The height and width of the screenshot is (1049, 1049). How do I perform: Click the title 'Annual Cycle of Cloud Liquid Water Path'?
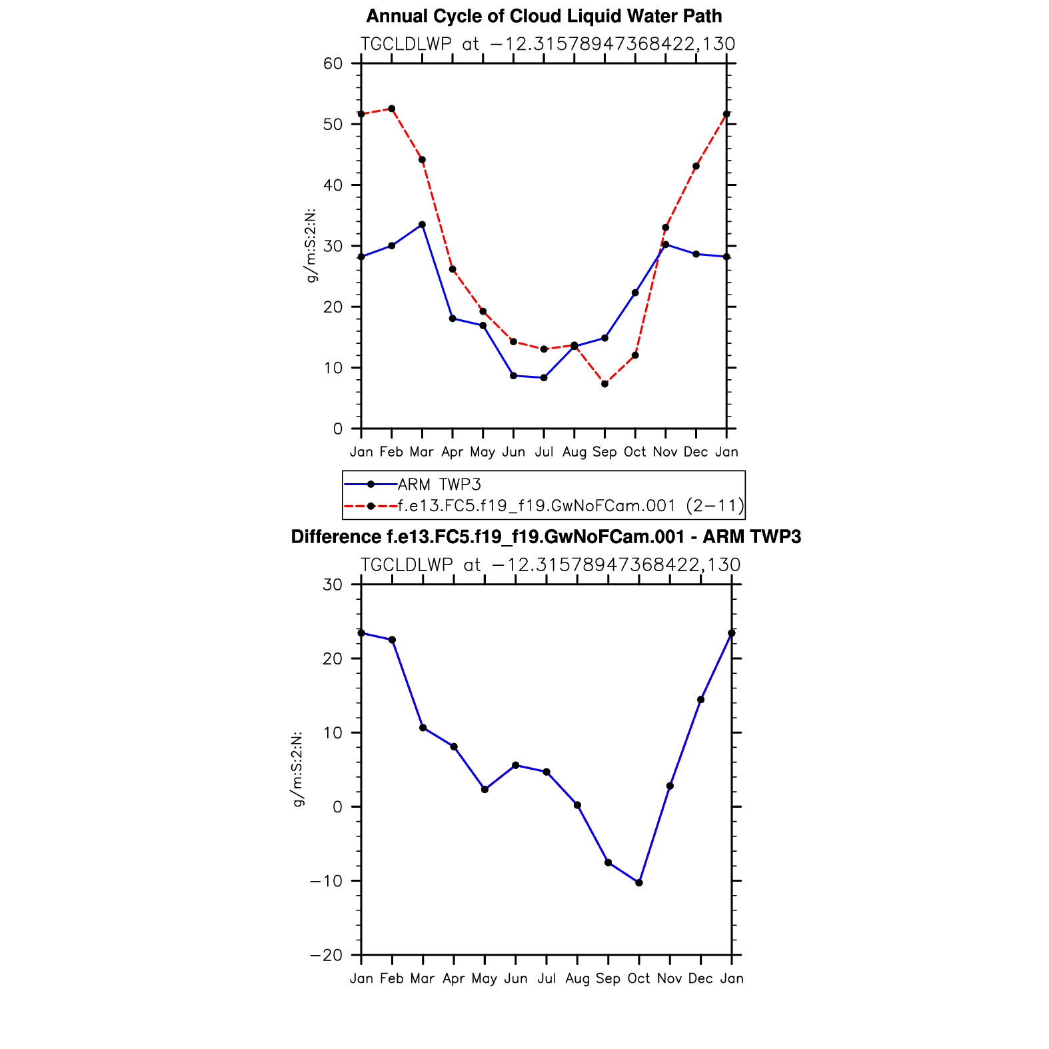pos(544,16)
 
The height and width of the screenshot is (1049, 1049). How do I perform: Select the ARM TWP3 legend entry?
pos(439,485)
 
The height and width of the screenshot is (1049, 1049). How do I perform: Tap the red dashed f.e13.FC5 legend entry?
pos(570,506)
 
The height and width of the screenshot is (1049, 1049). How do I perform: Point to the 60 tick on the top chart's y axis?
pos(333,64)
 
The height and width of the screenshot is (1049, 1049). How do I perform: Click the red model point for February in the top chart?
pos(392,109)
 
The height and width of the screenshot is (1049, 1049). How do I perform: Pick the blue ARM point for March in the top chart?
pos(422,225)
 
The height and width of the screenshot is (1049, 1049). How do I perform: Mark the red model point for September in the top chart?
pos(604,384)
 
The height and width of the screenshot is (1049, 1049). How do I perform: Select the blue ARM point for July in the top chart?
pos(544,378)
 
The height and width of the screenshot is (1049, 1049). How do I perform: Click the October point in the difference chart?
pos(639,882)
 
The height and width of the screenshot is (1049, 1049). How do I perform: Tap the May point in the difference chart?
pos(485,790)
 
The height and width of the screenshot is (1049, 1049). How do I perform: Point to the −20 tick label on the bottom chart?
pos(327,955)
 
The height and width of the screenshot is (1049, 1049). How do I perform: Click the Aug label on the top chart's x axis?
pos(574,452)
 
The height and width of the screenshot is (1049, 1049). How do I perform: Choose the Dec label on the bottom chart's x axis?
pos(700,978)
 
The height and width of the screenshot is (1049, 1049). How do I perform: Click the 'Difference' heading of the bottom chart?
pos(546,537)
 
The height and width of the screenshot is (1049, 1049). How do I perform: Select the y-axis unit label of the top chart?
pos(311,246)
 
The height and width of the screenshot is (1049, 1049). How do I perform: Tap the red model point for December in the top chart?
pos(696,166)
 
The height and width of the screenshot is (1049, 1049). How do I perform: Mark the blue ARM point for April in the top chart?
pos(453,319)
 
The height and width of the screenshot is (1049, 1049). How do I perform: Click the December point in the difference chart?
pos(700,700)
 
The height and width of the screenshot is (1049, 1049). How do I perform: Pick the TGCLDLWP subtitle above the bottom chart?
pos(550,565)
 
